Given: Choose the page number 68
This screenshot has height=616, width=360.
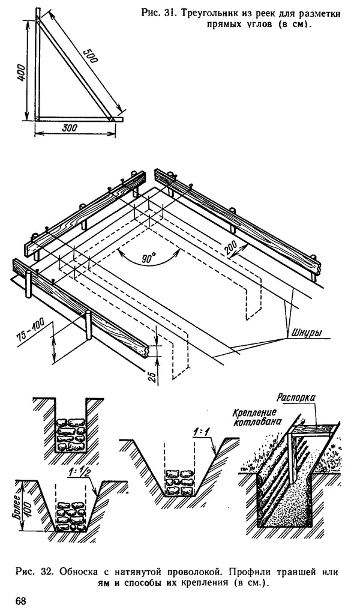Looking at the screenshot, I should click(22, 600).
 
